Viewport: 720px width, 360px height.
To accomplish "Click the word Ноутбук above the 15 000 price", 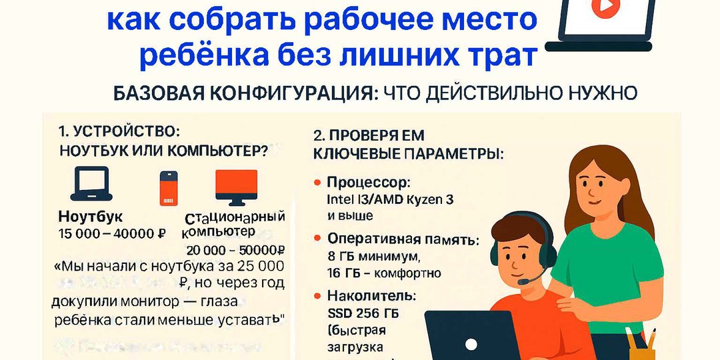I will tap(91, 217).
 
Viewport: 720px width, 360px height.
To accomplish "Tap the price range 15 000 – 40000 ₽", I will tap(112, 233).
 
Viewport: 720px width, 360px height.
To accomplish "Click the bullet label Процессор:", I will tap(368, 183).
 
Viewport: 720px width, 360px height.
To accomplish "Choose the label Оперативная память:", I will tap(402, 240).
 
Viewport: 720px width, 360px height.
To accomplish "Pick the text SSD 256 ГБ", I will tap(364, 313).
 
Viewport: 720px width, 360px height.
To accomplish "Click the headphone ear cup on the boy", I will tap(495, 254).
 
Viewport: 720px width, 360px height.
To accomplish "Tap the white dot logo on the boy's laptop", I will tap(471, 345).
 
